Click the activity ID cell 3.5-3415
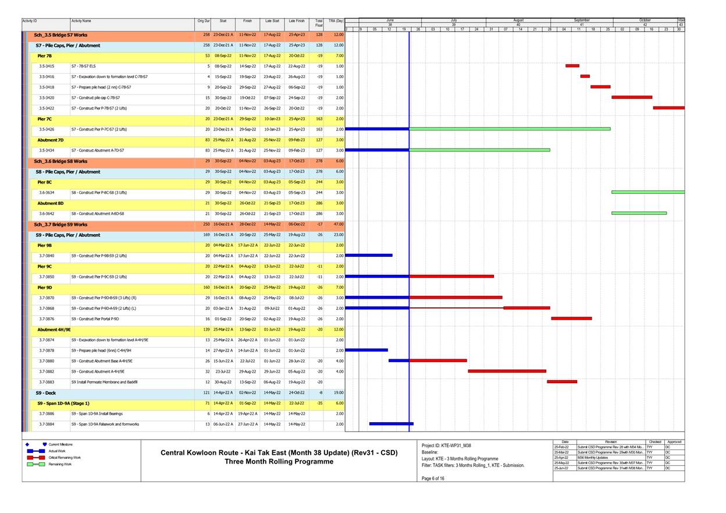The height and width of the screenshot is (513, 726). [x=47, y=66]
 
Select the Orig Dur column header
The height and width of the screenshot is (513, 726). [x=203, y=21]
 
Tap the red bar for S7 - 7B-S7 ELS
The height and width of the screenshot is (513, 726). [x=572, y=66]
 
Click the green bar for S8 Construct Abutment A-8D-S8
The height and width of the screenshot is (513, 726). [x=639, y=213]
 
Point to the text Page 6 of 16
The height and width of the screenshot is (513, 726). [x=433, y=478]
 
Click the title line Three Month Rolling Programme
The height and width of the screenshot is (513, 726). [x=279, y=462]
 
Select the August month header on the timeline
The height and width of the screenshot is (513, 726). [x=518, y=20]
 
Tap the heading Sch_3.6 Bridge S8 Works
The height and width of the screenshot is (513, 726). [x=61, y=161]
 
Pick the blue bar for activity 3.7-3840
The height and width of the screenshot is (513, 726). [x=369, y=255]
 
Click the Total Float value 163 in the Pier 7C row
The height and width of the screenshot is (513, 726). [x=319, y=119]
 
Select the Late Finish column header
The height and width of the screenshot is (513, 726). [x=296, y=21]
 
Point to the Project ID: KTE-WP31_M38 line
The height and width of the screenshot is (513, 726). [x=446, y=445]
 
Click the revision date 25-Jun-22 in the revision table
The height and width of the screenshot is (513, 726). [x=561, y=468]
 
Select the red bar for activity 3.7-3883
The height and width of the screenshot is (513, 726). [x=561, y=382]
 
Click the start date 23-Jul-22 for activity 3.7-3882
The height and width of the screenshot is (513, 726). [x=223, y=372]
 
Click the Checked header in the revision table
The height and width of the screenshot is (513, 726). [x=654, y=442]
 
